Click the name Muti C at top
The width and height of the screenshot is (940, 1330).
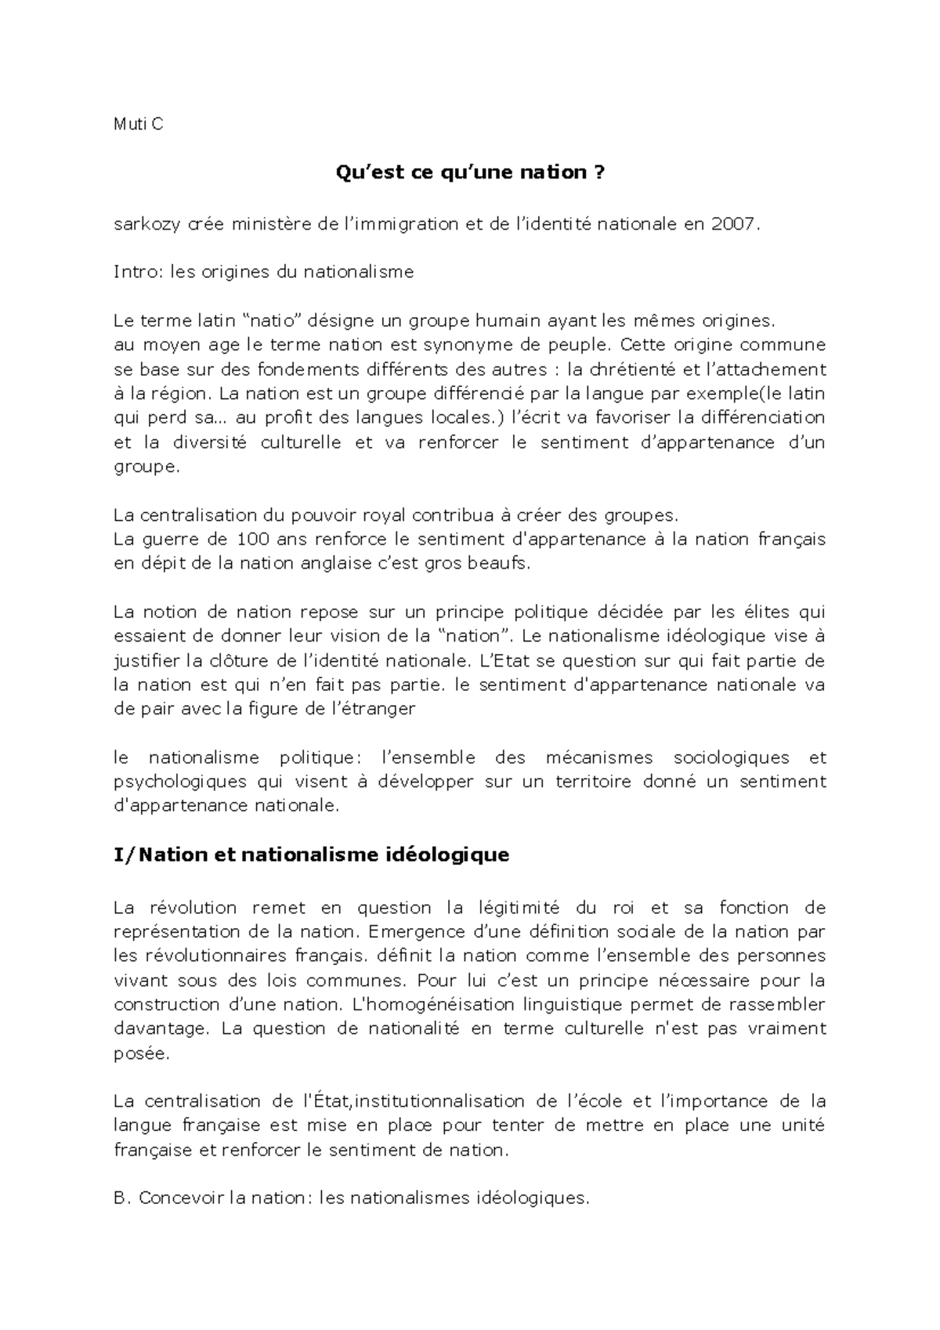[x=138, y=124]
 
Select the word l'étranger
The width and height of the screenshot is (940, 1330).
[x=374, y=709]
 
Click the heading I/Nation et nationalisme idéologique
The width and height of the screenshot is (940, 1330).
[x=311, y=855]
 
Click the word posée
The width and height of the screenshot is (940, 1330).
[x=140, y=1054]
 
